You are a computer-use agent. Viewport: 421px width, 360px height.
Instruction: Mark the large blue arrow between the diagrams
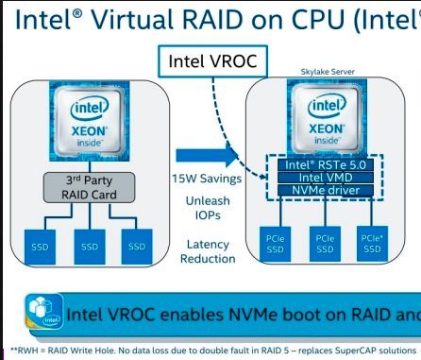[x=203, y=155]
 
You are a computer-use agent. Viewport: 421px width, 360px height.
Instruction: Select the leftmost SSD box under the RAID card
[x=42, y=245]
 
